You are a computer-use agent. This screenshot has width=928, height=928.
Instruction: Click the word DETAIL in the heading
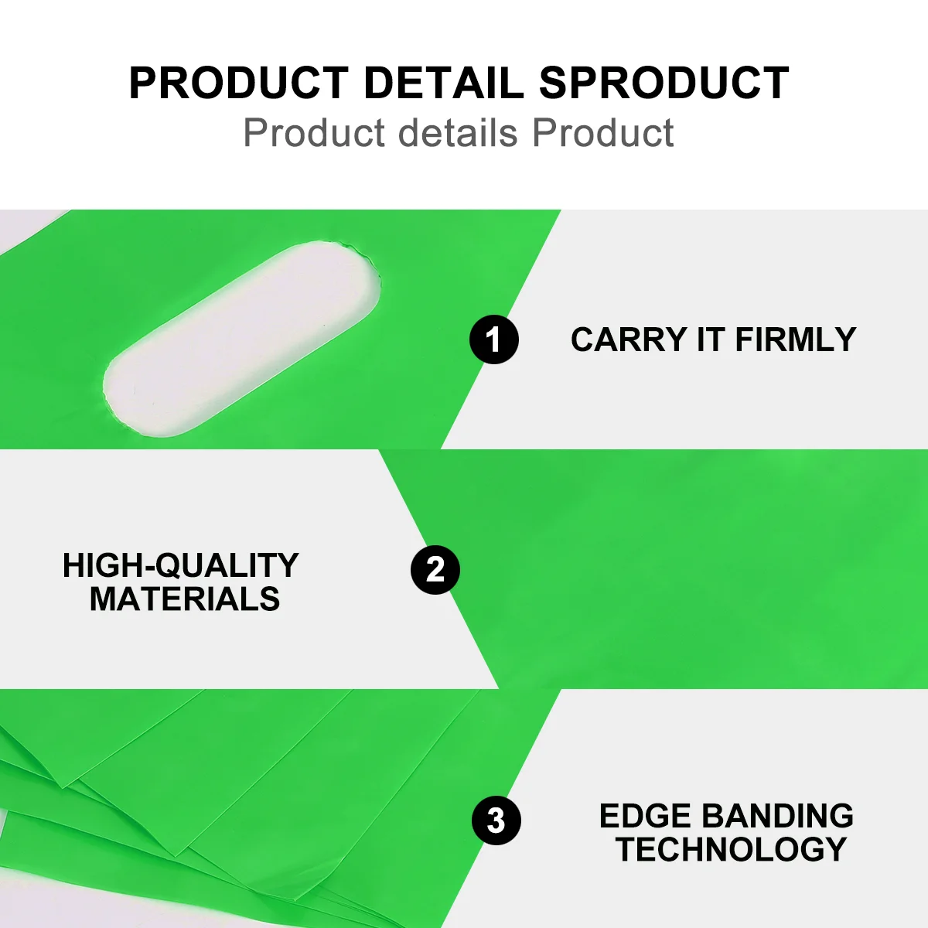pos(443,83)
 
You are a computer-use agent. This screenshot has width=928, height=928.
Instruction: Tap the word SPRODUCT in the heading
pos(664,83)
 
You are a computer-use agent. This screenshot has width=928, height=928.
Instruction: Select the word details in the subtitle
pos(458,132)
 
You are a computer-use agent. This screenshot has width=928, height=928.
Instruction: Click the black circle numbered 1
pos(494,339)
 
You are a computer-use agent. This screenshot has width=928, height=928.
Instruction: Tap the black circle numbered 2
pos(435,570)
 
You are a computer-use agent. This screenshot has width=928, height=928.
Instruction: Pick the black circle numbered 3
pos(496,821)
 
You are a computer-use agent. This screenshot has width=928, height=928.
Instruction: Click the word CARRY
pos(629,339)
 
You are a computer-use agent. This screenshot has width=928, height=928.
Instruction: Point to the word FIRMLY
pos(796,339)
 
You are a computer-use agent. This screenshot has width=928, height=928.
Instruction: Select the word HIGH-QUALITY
pos(181,566)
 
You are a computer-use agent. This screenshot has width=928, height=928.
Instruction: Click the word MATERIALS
pos(185,599)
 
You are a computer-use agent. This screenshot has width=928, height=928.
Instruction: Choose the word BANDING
pos(777,816)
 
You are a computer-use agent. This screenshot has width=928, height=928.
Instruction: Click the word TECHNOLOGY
pos(731,849)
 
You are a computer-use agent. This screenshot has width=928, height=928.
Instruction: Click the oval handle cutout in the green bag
pos(242,339)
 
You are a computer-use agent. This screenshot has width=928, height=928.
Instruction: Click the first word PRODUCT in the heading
pos(239,83)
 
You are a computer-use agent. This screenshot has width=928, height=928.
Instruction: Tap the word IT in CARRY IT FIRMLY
pos(711,339)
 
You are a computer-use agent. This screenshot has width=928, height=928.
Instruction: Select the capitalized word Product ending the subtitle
pos(602,132)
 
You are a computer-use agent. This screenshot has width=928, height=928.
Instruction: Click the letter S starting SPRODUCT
pos(554,83)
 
